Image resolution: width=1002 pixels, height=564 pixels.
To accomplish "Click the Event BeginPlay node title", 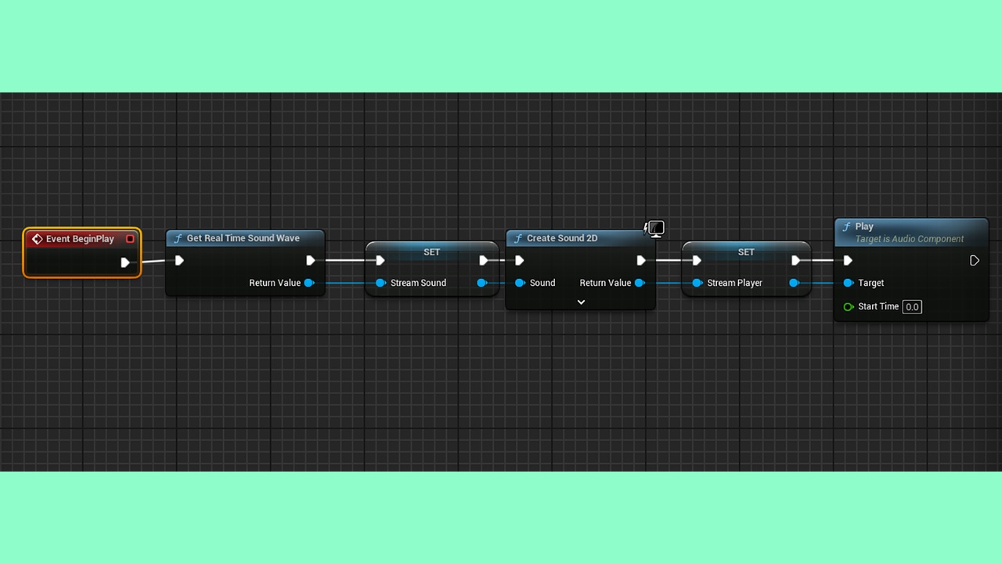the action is click(x=80, y=239).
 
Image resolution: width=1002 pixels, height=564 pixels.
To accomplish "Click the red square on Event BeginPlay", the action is click(x=130, y=239).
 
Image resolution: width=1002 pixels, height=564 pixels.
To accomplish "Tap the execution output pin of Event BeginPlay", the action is click(x=125, y=262).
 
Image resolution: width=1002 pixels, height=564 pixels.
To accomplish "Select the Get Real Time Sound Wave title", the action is click(x=243, y=238).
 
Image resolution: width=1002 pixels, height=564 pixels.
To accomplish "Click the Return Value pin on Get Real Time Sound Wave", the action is click(x=309, y=283).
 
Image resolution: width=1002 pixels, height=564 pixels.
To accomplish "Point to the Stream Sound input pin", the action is click(x=380, y=283).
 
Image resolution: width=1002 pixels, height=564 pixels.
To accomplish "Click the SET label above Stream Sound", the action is click(x=431, y=252).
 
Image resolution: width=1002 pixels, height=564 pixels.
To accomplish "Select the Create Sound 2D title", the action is click(x=562, y=238).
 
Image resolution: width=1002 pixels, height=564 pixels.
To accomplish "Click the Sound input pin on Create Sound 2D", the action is click(x=520, y=283).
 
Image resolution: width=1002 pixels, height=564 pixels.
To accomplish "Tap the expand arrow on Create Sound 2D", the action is click(x=581, y=302).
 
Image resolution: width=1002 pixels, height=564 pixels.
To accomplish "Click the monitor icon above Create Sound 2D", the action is click(x=656, y=229).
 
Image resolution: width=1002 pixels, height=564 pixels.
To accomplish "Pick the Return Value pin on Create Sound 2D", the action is click(x=640, y=283).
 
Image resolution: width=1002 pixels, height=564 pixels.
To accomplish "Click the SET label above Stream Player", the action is click(x=746, y=252).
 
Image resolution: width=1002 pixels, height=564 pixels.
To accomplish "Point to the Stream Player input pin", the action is click(x=697, y=283).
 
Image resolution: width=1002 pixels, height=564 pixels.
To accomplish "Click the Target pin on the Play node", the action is click(x=848, y=283).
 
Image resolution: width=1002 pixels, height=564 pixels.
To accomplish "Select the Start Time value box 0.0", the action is click(x=912, y=307).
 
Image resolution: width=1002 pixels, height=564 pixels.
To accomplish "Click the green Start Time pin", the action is click(x=848, y=306).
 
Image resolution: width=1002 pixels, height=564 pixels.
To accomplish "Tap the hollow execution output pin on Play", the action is click(x=975, y=261).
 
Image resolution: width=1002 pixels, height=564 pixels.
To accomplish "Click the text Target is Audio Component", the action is click(x=910, y=239).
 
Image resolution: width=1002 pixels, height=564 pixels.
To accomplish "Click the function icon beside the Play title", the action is click(x=846, y=227).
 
